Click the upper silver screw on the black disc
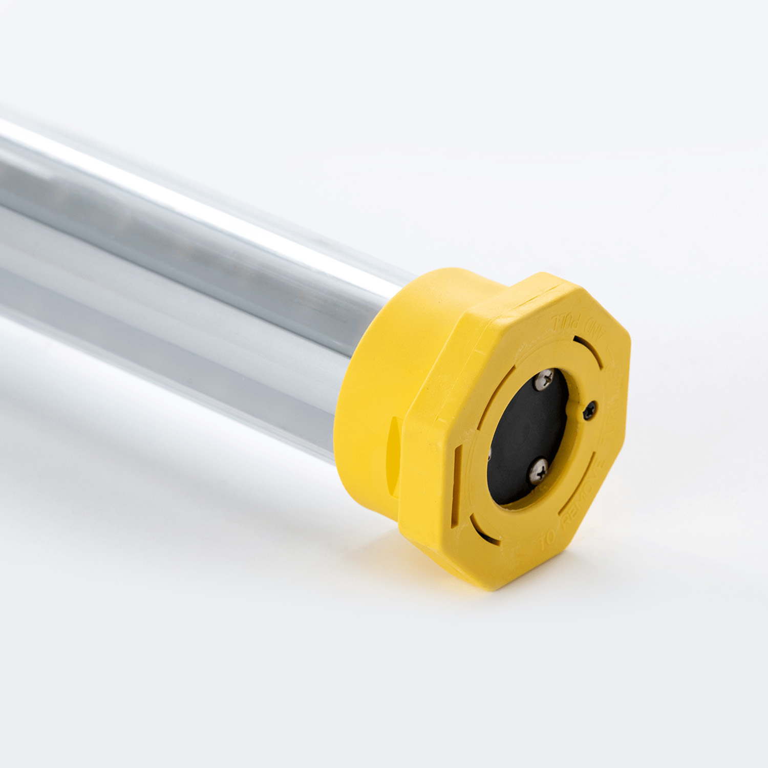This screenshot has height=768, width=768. (x=544, y=380)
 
